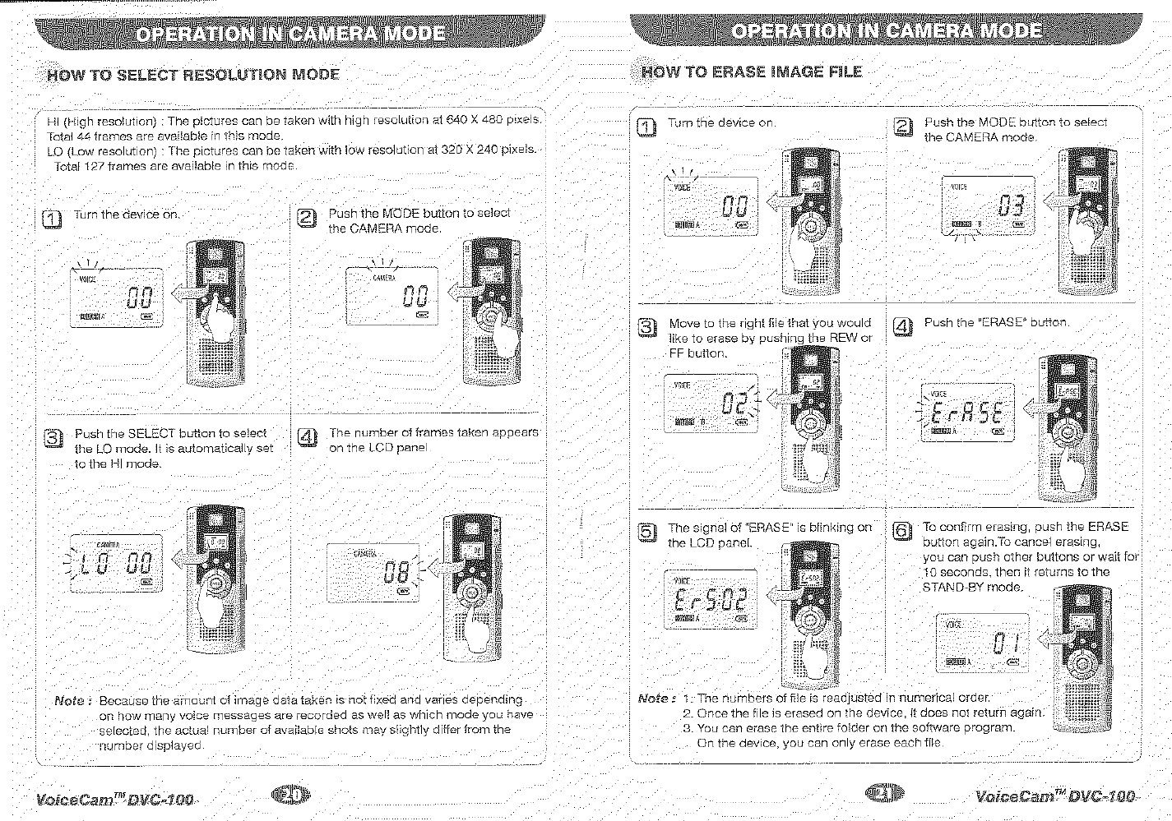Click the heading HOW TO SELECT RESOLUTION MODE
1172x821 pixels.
coord(193,75)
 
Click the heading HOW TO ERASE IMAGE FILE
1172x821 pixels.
coord(751,71)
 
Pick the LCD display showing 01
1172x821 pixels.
coord(981,642)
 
